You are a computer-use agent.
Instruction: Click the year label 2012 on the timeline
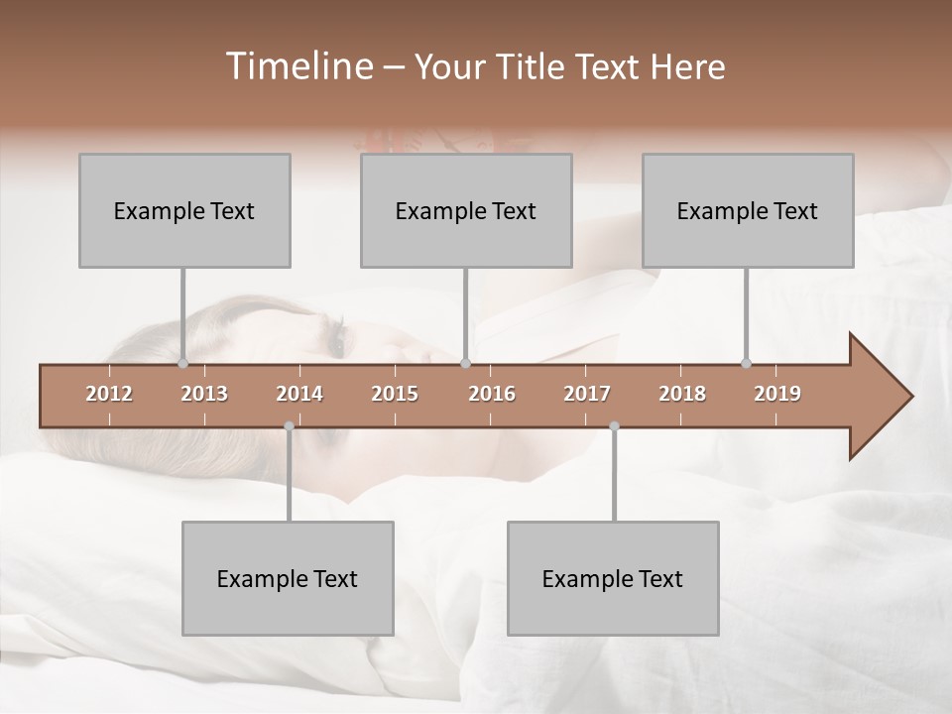coord(109,394)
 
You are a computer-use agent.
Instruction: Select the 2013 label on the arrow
coord(204,394)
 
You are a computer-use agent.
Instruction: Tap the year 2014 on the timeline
coord(299,394)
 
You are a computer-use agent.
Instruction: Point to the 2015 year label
coord(395,394)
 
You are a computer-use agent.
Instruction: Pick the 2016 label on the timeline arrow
coord(492,394)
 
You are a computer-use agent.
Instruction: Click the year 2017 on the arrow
coord(587,394)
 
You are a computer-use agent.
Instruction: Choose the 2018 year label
coord(682,394)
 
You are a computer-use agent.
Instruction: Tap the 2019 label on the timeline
coord(777,394)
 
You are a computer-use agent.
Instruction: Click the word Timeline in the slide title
coord(297,66)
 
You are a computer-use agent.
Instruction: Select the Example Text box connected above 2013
coord(184,210)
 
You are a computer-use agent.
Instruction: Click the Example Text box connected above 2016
coord(466,210)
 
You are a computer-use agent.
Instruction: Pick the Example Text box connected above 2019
coord(748,210)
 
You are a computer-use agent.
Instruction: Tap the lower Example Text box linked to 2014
coord(288,578)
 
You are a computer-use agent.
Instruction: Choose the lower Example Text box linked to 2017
coord(613,578)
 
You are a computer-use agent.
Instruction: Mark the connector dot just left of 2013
coord(183,364)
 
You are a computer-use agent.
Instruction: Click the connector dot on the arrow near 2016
coord(466,364)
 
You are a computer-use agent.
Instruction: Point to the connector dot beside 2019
coord(747,364)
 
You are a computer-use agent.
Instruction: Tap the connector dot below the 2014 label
coord(289,426)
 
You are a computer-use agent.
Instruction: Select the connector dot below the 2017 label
coord(614,426)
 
